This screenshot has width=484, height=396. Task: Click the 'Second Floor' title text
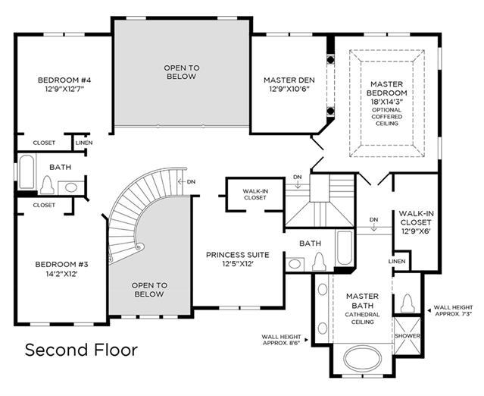pyautogui.click(x=81, y=350)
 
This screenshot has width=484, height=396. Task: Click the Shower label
pyautogui.click(x=407, y=336)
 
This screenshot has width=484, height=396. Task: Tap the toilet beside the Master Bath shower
pyautogui.click(x=407, y=303)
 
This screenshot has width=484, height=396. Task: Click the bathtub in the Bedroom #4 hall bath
pyautogui.click(x=27, y=172)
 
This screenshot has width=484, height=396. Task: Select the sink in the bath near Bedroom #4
pyautogui.click(x=71, y=187)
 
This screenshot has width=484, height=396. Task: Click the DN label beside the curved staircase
pyautogui.click(x=191, y=182)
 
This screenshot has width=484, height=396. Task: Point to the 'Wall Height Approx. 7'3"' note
pyautogui.click(x=453, y=311)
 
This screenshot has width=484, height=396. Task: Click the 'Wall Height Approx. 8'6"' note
pyautogui.click(x=281, y=340)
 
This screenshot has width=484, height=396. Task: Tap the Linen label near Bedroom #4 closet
pyautogui.click(x=84, y=143)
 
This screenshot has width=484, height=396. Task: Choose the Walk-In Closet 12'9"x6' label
pyautogui.click(x=416, y=222)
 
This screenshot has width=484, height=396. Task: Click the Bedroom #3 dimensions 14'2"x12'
pyautogui.click(x=61, y=274)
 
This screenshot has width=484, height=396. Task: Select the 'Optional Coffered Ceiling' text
pyautogui.click(x=387, y=117)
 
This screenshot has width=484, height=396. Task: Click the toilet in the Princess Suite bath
pyautogui.click(x=319, y=262)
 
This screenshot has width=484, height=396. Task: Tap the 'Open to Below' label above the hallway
pyautogui.click(x=182, y=72)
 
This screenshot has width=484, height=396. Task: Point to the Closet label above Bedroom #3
pyautogui.click(x=44, y=206)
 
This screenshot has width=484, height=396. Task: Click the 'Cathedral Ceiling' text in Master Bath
pyautogui.click(x=362, y=318)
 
